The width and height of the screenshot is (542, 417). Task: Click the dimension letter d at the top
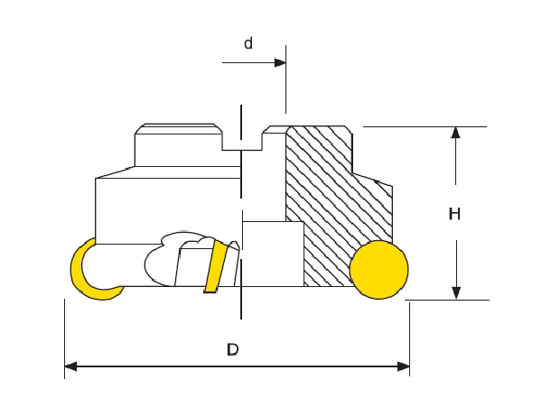pos(248,43)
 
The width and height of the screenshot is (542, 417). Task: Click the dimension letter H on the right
pos(454,214)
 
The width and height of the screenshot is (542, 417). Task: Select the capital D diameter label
pos(232,349)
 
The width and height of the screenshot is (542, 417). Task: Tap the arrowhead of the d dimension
pos(280,63)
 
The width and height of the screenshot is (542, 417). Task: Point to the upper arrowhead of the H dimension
pos(455,133)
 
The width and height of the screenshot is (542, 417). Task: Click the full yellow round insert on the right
pos(378,269)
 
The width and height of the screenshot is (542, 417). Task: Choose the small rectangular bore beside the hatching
pos(273,254)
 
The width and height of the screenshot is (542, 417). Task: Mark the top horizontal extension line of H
pos(425,126)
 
